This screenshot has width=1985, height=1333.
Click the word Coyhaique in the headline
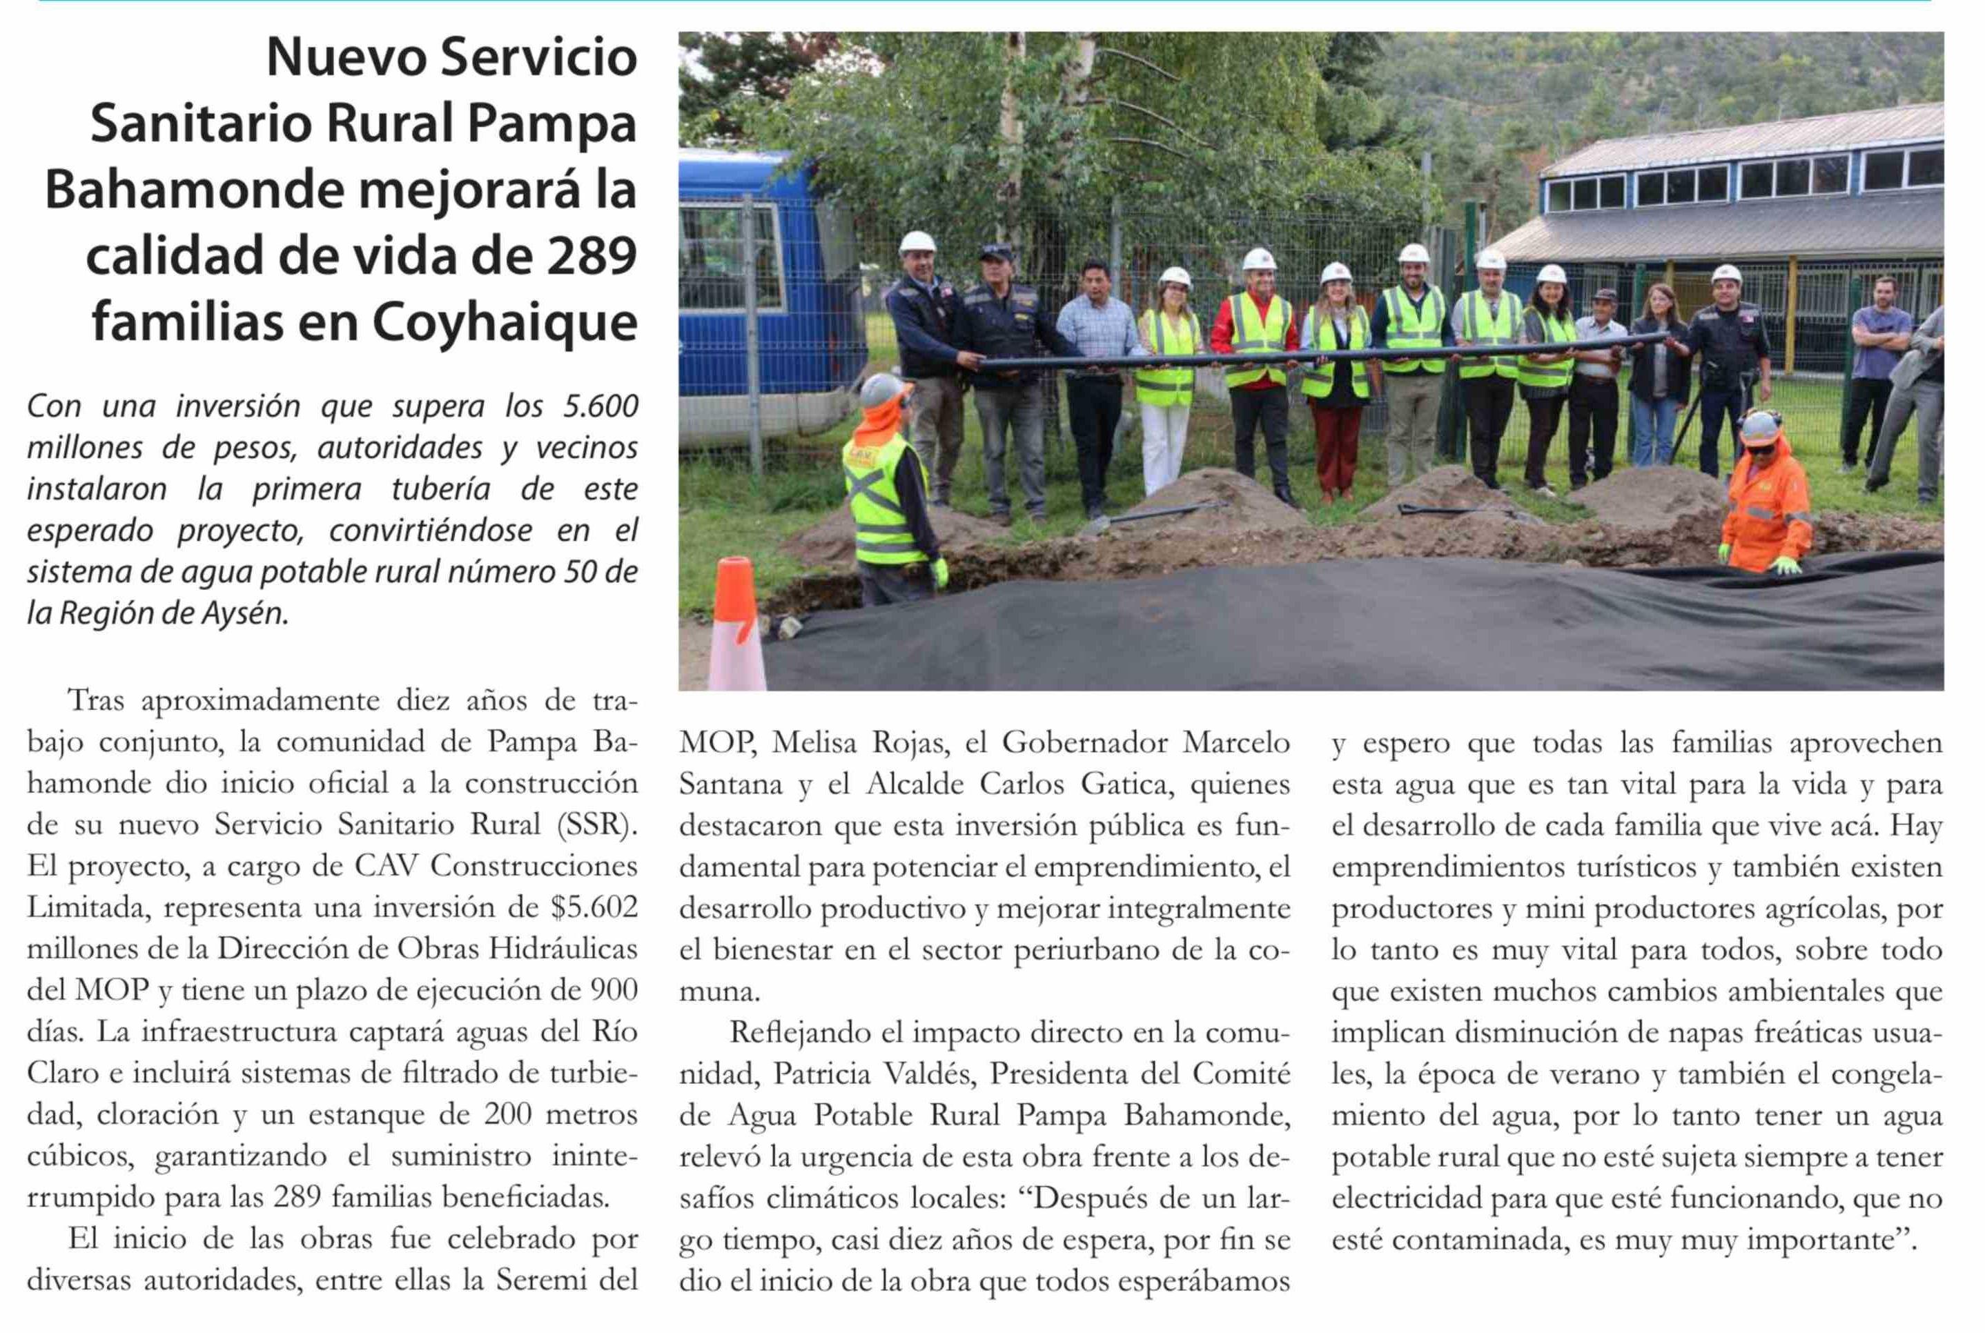[x=505, y=323]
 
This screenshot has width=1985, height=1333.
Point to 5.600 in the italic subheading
[x=600, y=406]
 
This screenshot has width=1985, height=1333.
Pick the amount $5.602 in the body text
[x=594, y=907]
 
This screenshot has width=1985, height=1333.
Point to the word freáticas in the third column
[x=1786, y=1032]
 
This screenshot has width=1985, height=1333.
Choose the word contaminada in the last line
[x=1480, y=1239]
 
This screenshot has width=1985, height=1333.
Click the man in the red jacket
[x=1255, y=366]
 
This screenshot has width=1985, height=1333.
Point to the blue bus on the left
[x=765, y=289]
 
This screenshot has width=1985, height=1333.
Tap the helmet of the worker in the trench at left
[x=882, y=389]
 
